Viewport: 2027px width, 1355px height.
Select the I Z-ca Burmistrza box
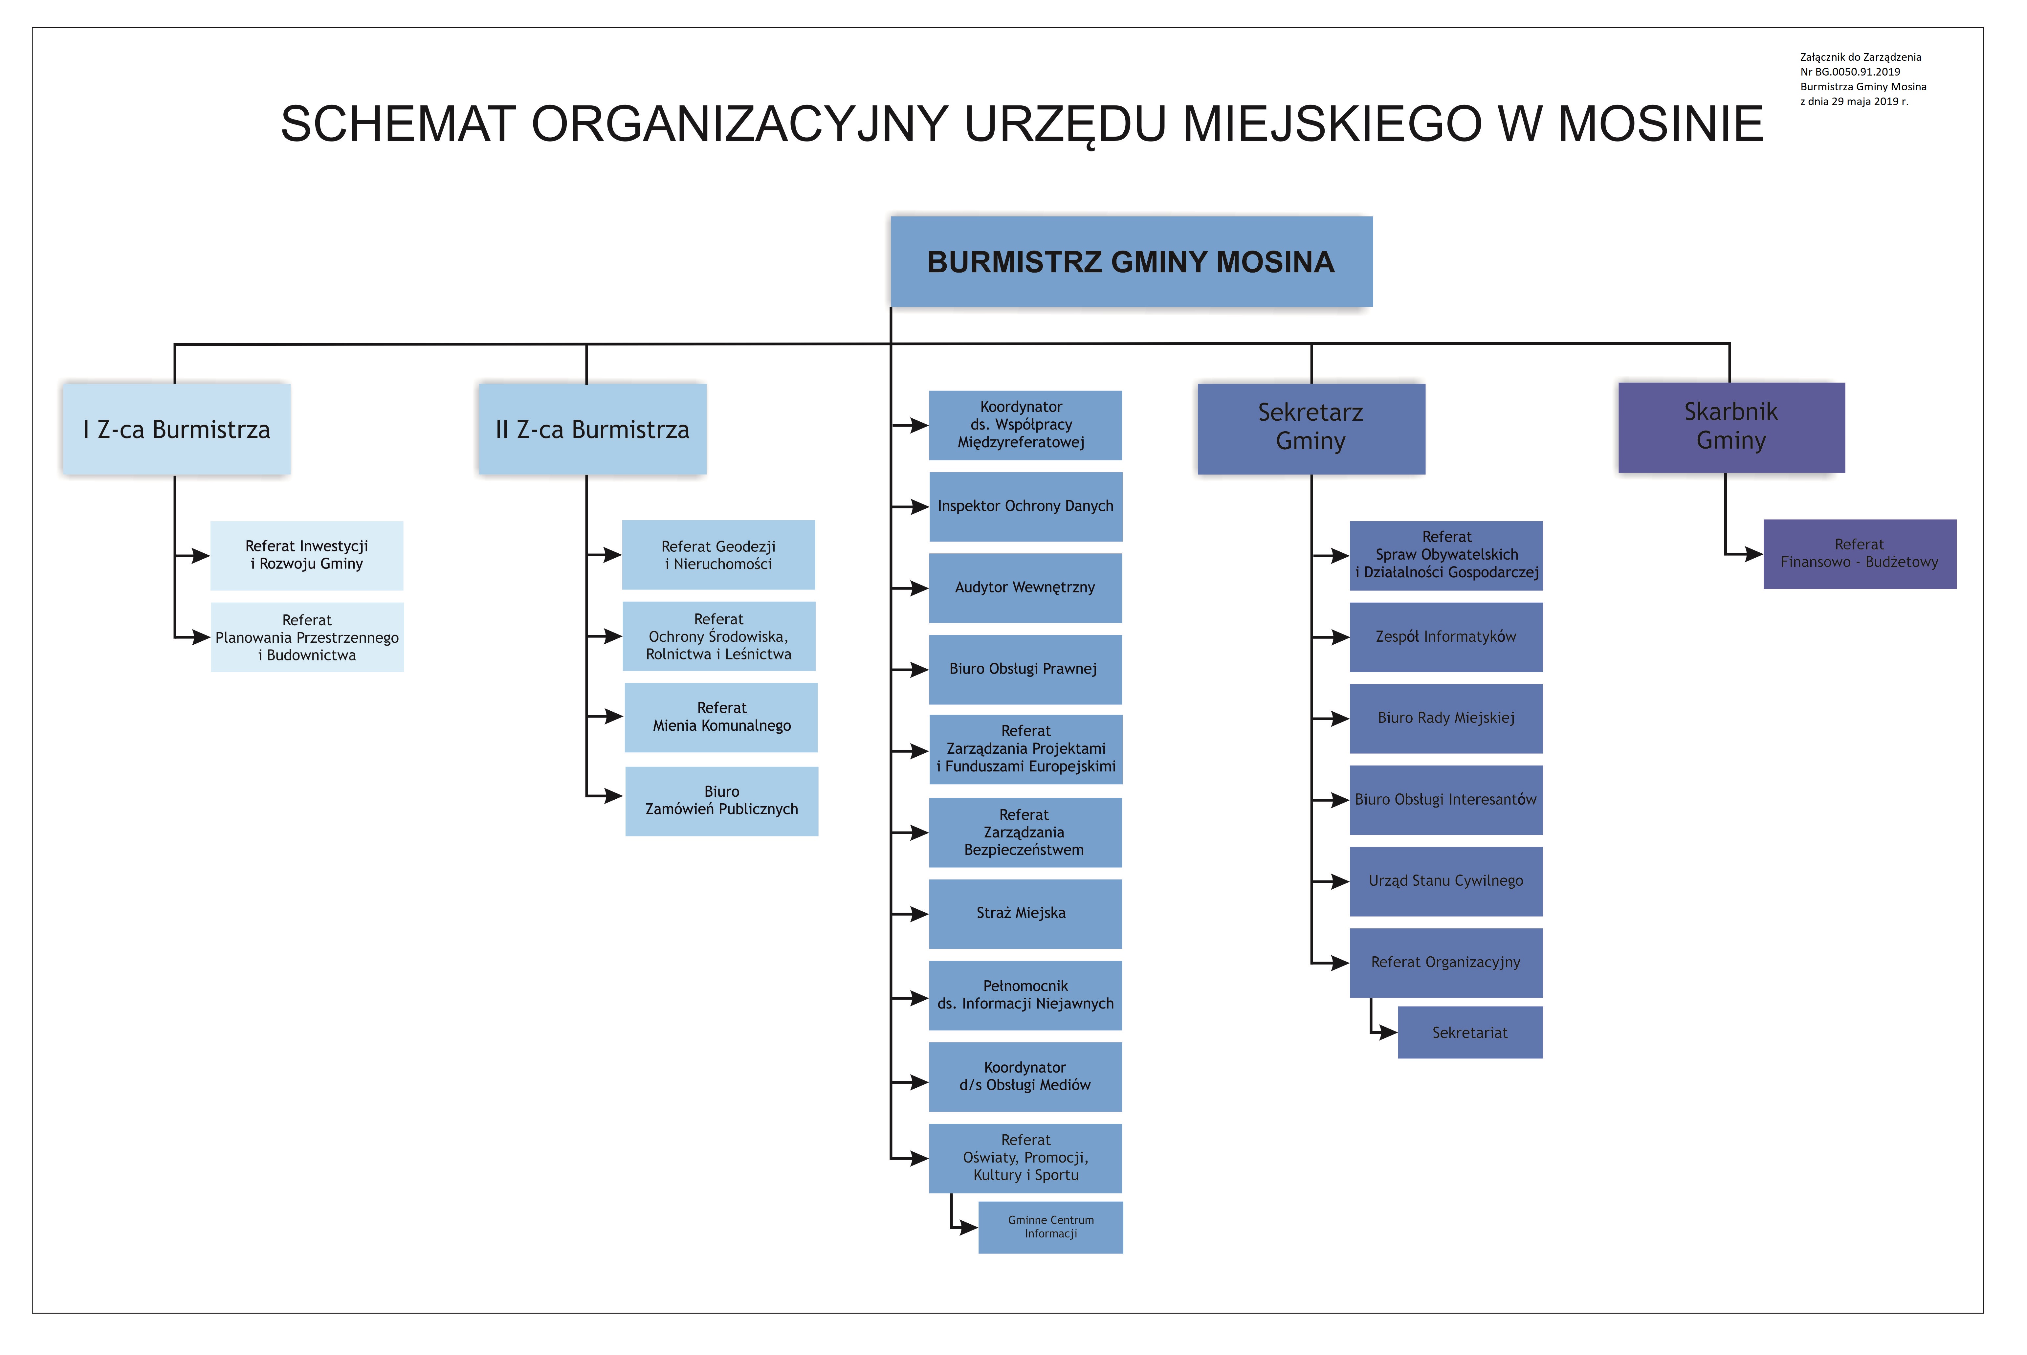click(176, 430)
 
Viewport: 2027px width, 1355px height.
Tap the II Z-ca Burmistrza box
click(593, 430)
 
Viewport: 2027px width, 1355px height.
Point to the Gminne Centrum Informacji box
click(1051, 1227)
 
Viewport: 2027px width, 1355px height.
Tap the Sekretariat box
click(1470, 1033)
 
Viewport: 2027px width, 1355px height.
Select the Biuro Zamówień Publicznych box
click(721, 801)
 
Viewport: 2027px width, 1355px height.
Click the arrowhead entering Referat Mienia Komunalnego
click(613, 716)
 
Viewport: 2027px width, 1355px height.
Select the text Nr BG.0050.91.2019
click(1850, 72)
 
